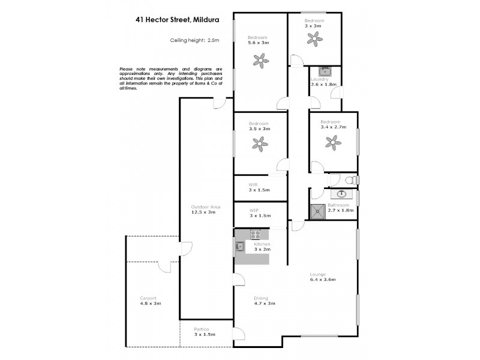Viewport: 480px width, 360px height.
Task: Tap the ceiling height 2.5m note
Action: click(x=196, y=40)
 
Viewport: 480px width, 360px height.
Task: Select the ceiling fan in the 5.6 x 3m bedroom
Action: click(x=260, y=59)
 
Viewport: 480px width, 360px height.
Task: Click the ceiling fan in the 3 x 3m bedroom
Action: click(x=313, y=38)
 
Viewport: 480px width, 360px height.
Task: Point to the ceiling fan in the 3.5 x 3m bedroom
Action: click(x=260, y=143)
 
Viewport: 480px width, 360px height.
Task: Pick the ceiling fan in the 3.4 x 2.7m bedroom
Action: click(x=332, y=142)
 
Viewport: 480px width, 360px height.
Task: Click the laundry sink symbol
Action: click(x=325, y=71)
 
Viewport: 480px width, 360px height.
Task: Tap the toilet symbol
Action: click(x=351, y=179)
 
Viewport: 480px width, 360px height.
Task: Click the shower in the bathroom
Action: click(x=317, y=211)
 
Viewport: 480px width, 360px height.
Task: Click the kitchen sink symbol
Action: click(x=240, y=246)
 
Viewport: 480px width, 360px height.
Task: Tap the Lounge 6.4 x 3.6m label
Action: click(x=322, y=277)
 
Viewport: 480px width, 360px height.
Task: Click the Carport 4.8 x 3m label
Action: click(x=150, y=301)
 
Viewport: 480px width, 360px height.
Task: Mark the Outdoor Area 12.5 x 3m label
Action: click(x=206, y=209)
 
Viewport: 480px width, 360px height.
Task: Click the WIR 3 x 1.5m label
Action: click(x=259, y=187)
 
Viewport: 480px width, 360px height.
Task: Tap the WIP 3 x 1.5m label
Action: click(x=259, y=212)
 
